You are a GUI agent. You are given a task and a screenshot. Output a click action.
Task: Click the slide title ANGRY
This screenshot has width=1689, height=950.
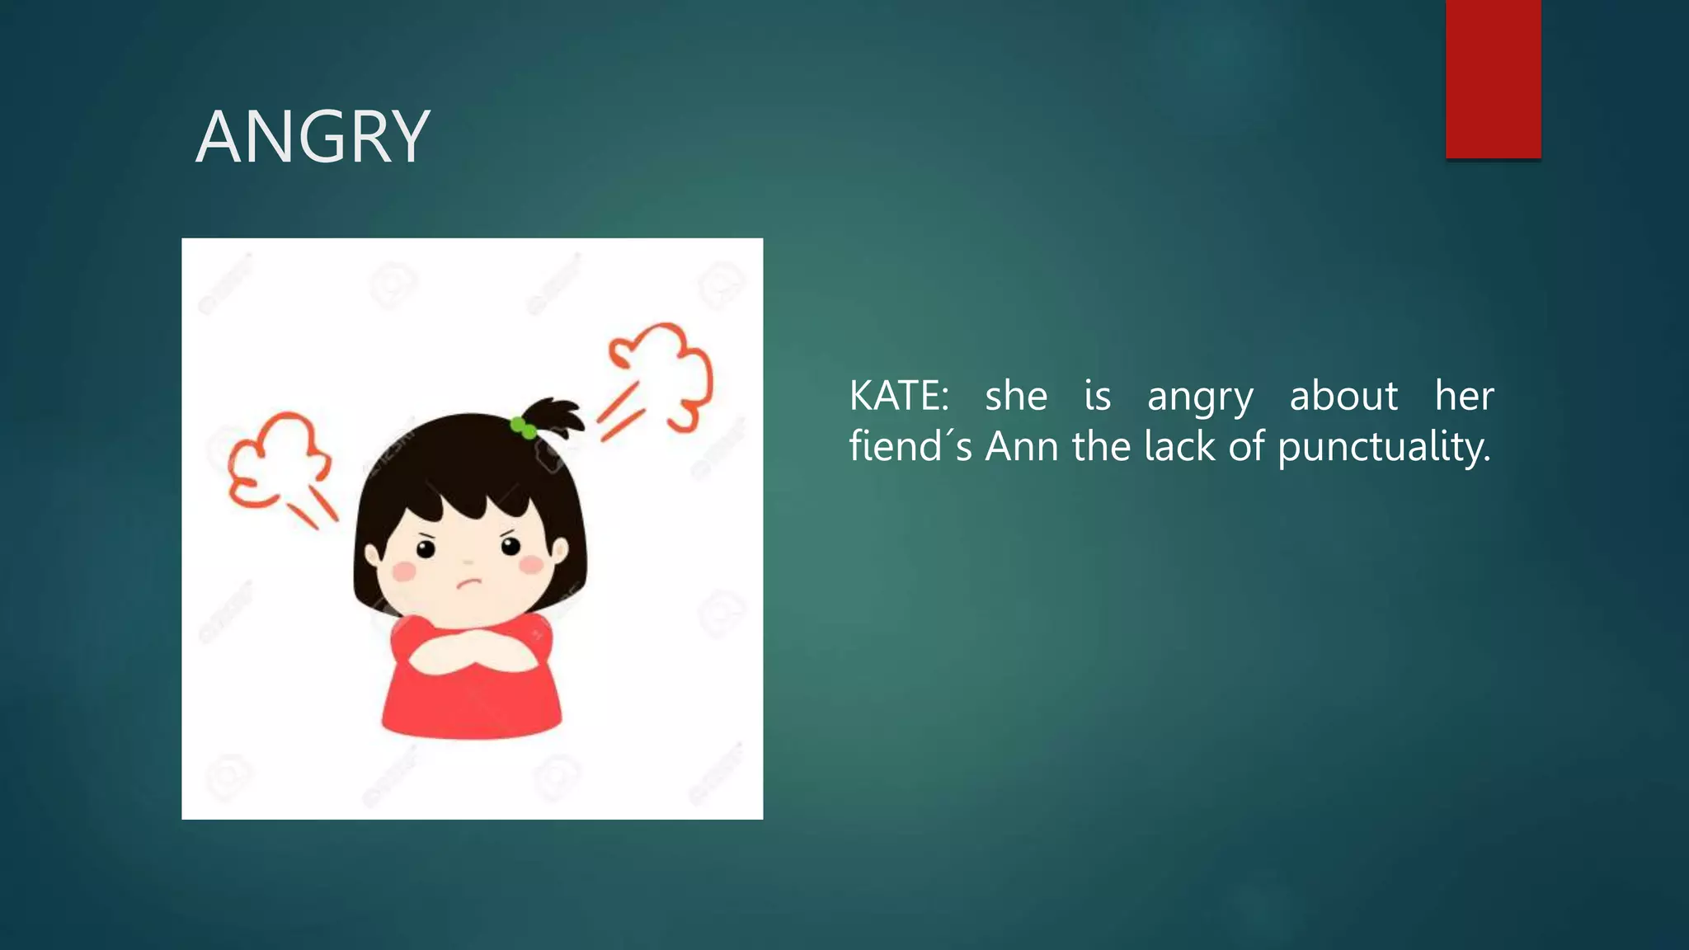pos(313,137)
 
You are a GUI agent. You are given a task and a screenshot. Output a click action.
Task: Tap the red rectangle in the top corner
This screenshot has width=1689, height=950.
pos(1493,78)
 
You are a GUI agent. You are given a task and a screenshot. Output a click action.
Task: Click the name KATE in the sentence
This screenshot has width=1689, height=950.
pos(898,396)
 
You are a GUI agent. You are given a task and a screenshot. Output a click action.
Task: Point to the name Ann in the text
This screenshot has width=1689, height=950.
pos(1022,447)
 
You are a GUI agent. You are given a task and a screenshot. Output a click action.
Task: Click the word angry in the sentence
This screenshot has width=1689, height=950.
pos(1200,397)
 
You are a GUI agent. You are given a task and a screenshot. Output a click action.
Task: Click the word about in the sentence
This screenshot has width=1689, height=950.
pos(1343,396)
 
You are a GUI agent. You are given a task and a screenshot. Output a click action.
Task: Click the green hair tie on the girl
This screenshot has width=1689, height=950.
pos(523,427)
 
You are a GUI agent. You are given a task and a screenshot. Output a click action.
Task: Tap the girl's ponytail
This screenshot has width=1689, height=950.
pos(557,416)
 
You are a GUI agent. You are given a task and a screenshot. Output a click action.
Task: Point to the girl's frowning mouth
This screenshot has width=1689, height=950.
pos(468,583)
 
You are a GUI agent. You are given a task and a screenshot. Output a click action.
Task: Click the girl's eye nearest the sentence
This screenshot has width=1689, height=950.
pos(510,545)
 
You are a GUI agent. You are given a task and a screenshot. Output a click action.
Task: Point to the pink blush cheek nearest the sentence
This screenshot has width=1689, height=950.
pos(532,565)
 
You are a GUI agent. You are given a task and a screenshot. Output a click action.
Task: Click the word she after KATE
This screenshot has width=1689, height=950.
pos(1016,396)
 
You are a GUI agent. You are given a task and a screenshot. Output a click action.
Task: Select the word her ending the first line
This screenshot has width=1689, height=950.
pos(1464,396)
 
